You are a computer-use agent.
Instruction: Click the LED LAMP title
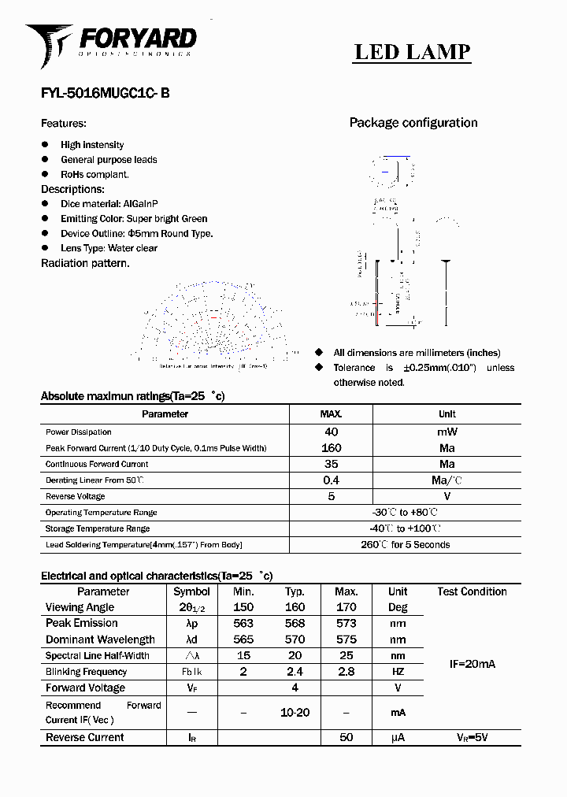412,52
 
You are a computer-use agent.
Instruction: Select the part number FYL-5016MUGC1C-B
105,93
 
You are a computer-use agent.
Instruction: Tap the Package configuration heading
413,123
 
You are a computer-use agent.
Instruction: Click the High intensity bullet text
92,145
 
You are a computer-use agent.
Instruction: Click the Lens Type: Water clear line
109,248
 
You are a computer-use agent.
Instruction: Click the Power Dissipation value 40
332,432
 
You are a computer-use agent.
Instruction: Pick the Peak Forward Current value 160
332,448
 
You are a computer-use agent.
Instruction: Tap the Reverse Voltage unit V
447,496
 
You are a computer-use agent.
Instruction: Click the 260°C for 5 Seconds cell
405,545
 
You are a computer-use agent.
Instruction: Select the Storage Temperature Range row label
98,528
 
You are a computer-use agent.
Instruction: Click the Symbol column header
191,591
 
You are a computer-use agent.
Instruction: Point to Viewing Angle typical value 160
295,607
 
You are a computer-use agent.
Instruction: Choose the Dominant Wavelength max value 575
346,639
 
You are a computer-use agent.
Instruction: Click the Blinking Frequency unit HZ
398,672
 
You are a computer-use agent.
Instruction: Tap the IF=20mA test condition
472,664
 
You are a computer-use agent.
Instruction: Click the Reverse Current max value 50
346,737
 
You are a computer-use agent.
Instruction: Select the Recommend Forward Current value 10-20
295,712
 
